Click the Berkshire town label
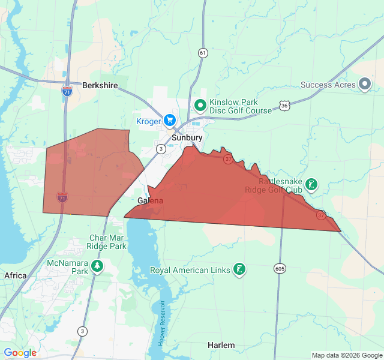(x=100, y=86)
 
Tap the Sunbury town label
(x=187, y=137)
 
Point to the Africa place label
(x=16, y=275)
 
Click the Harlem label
(x=221, y=345)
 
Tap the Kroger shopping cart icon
(x=170, y=121)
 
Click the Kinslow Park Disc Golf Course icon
(x=200, y=106)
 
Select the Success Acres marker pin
(x=364, y=85)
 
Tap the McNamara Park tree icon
(x=97, y=266)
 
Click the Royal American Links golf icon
(x=239, y=270)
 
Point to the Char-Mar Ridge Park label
(x=107, y=242)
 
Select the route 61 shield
(x=203, y=53)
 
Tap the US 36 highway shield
(x=284, y=106)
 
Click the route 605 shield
(x=280, y=268)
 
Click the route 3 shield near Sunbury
(x=161, y=148)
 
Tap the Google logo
(x=20, y=353)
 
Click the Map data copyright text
(x=347, y=355)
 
